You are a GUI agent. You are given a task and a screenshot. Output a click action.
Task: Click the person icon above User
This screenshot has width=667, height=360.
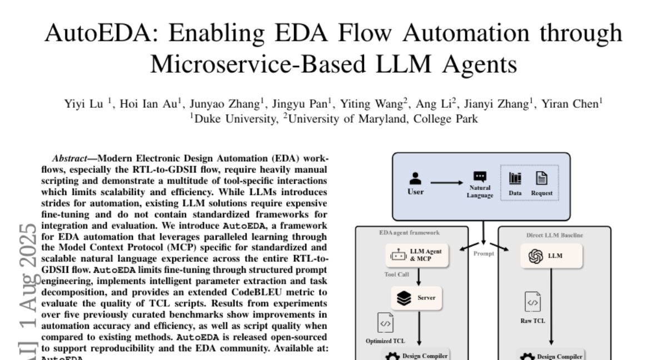[x=415, y=178]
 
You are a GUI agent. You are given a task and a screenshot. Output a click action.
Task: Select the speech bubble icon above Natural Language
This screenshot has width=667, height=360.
[x=480, y=177]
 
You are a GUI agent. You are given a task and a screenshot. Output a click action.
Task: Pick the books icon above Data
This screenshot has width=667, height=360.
[x=515, y=178]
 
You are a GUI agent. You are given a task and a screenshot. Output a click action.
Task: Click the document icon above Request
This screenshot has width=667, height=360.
[x=541, y=178]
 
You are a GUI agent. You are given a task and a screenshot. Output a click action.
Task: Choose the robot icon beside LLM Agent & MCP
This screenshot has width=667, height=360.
[x=397, y=255]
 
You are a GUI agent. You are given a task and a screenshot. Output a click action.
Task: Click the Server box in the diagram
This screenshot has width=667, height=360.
[x=419, y=298]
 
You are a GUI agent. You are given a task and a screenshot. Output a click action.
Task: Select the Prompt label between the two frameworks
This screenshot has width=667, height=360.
[x=483, y=253]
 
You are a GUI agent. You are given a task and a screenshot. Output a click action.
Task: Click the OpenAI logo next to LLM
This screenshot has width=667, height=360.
[x=535, y=256]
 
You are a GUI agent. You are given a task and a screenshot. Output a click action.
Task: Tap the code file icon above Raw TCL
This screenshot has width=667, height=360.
[x=532, y=302]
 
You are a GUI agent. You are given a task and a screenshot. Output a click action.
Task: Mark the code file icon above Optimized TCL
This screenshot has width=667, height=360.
[x=385, y=323]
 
